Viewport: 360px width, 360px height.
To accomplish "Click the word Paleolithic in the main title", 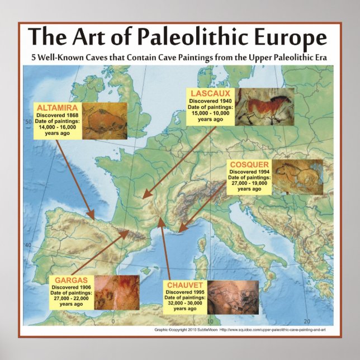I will coord(193,39).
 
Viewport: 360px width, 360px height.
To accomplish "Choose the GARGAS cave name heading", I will coord(70,280).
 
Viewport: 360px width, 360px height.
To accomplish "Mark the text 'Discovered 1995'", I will coord(184,292).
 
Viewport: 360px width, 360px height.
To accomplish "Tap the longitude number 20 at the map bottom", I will coord(306,321).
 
